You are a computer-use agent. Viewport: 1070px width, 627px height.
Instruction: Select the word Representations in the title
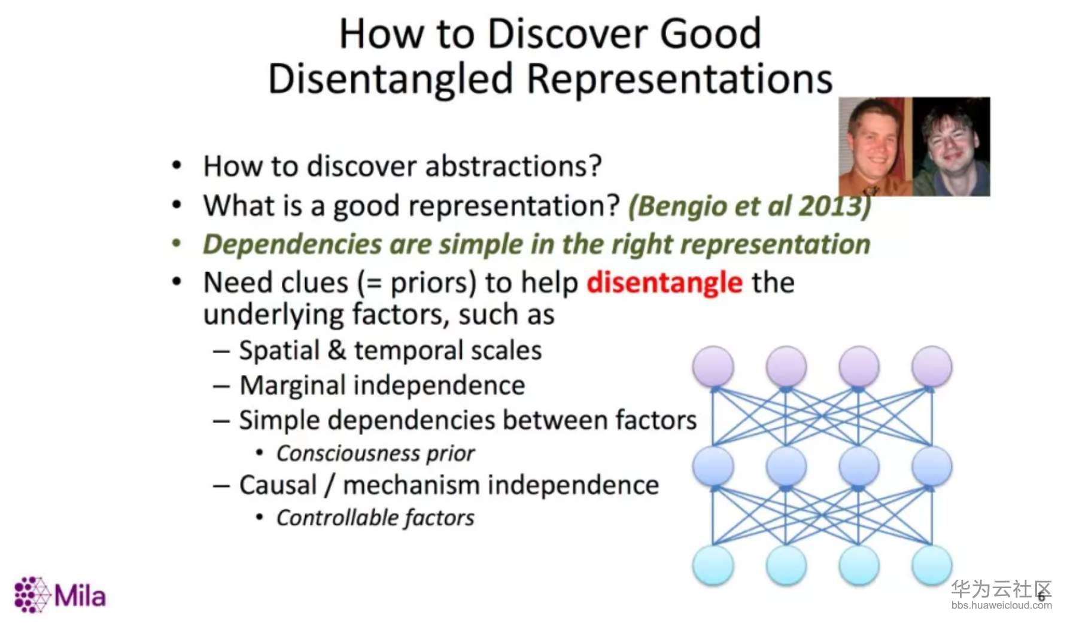click(680, 79)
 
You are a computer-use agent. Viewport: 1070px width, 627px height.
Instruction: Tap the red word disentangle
click(664, 282)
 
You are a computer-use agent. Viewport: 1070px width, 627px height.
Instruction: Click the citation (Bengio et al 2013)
click(749, 206)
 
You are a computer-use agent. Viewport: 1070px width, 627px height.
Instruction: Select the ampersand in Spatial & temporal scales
click(337, 350)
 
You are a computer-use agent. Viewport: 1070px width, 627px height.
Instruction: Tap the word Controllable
click(337, 518)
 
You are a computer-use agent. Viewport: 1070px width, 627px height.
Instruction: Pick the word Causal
click(278, 485)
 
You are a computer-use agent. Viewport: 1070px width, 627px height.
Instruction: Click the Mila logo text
click(80, 596)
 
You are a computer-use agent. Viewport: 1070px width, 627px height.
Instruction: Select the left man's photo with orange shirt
click(875, 147)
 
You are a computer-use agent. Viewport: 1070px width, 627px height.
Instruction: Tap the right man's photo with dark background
click(951, 147)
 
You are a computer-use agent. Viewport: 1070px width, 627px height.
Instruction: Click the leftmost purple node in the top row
click(713, 366)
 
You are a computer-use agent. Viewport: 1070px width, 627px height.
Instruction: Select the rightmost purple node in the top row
click(932, 366)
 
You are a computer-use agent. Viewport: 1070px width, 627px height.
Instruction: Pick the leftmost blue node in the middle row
click(713, 465)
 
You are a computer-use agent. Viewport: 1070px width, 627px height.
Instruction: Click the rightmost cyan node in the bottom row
click(932, 565)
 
